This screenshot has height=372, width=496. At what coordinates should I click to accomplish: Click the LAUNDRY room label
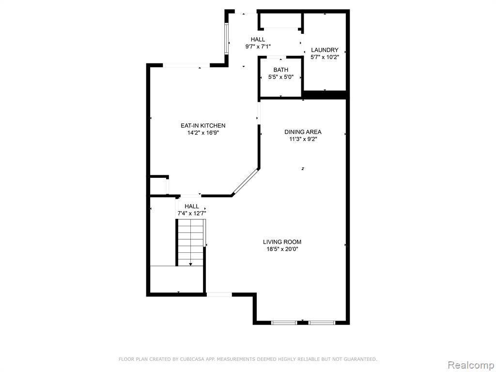click(x=325, y=50)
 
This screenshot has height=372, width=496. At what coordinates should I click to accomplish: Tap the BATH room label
click(x=281, y=70)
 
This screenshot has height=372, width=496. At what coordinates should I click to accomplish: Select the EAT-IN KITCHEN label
click(x=203, y=125)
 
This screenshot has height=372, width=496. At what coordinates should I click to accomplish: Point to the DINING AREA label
click(x=303, y=132)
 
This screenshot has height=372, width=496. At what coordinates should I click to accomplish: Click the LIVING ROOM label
click(x=282, y=242)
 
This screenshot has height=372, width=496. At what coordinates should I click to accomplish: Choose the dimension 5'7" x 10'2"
click(x=325, y=57)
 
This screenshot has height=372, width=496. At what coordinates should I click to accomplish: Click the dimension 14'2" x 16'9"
click(x=203, y=133)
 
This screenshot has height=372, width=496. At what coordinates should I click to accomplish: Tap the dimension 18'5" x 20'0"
click(x=282, y=249)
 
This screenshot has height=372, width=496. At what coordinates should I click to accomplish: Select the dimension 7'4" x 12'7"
click(x=192, y=214)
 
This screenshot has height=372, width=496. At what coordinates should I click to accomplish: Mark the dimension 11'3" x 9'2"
click(x=303, y=139)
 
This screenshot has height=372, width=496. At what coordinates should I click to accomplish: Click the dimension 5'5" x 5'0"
click(x=281, y=77)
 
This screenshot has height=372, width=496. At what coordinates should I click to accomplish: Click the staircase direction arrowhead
click(x=190, y=264)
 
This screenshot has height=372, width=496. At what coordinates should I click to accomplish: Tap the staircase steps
click(x=190, y=242)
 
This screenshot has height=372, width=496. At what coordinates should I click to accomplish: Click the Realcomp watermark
click(x=471, y=365)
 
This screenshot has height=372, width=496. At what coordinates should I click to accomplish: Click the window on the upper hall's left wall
click(x=226, y=38)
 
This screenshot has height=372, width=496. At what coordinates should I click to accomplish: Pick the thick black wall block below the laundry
click(x=326, y=95)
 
